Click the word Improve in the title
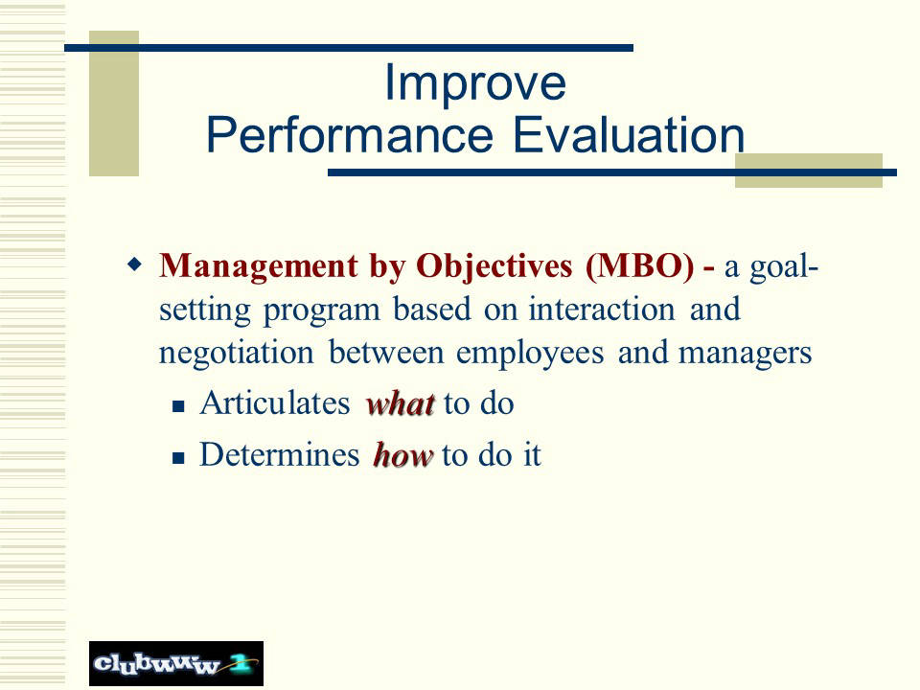tap(474, 84)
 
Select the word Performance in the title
tap(350, 135)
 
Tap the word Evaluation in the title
tap(629, 134)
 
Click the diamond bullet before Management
tap(134, 264)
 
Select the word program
tap(322, 310)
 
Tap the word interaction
tap(602, 310)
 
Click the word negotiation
tap(237, 354)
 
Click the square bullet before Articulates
tap(179, 406)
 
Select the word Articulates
tap(275, 403)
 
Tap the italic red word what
tap(401, 403)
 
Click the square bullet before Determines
tap(179, 458)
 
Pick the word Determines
tap(279, 454)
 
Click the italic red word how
tap(403, 455)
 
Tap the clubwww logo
tap(176, 663)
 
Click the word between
tap(385, 354)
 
